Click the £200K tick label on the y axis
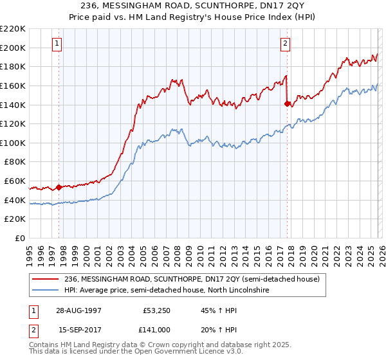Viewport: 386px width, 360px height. point(13,48)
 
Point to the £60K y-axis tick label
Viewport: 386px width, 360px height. point(15,181)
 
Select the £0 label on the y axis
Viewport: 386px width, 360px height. point(20,239)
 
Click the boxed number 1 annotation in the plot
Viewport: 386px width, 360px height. point(57,44)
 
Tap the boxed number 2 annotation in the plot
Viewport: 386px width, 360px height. point(284,44)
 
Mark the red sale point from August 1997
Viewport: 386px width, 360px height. point(59,188)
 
